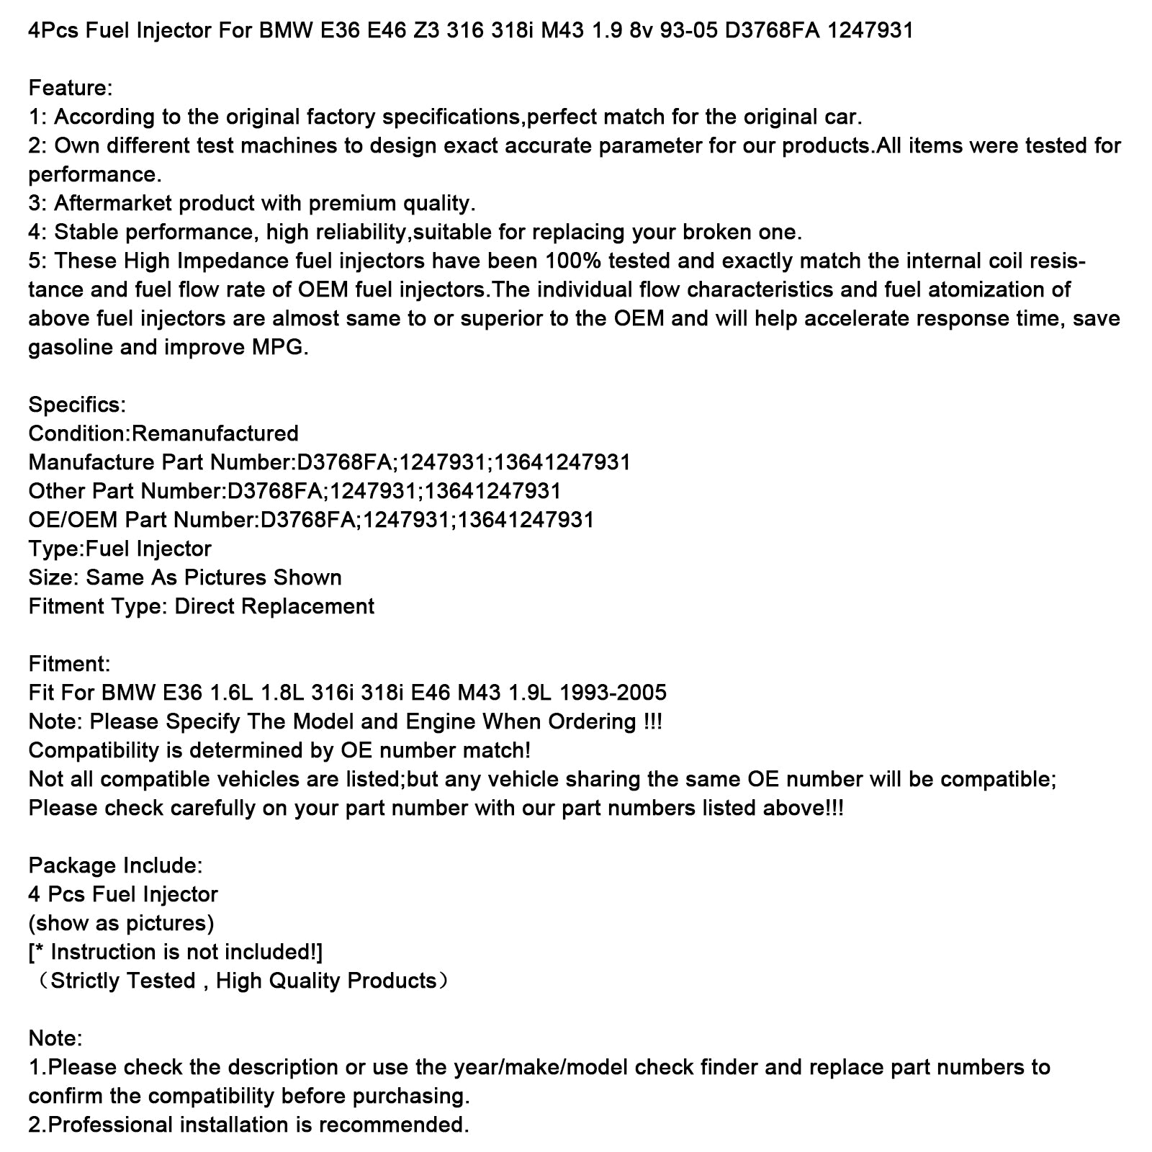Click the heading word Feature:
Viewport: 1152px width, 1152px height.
(71, 88)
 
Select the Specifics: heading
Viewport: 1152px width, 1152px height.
(77, 405)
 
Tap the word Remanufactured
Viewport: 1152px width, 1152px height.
(215, 433)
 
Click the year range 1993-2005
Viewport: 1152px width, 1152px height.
(613, 693)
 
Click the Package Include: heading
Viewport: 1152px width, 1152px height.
(115, 865)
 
